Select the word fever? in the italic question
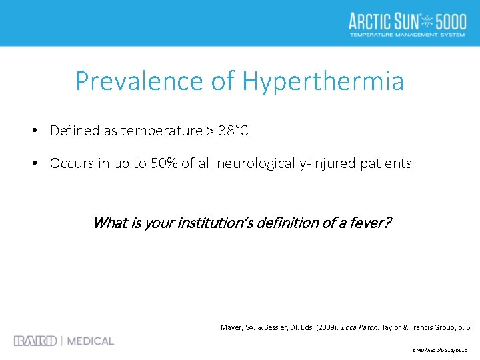[x=373, y=223]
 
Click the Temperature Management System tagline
[x=407, y=34]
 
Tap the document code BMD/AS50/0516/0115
[x=441, y=349]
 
